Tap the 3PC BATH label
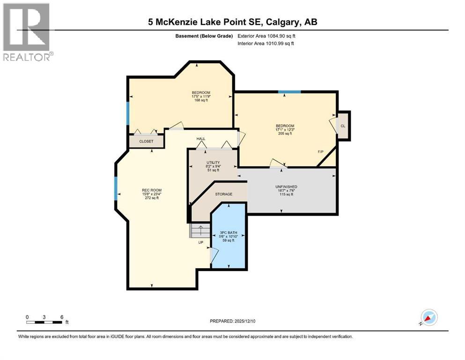(229, 232)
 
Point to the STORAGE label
(223, 194)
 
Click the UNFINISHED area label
(286, 187)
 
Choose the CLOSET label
(146, 141)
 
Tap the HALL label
(201, 139)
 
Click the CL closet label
(343, 126)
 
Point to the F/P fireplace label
(321, 152)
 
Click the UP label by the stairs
(200, 242)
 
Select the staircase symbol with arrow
(199, 231)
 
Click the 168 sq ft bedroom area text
(200, 100)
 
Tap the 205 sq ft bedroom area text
(285, 134)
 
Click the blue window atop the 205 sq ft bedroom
(286, 92)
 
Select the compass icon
(428, 317)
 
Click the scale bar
(44, 322)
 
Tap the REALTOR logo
(27, 32)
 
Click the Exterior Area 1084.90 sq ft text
(266, 36)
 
